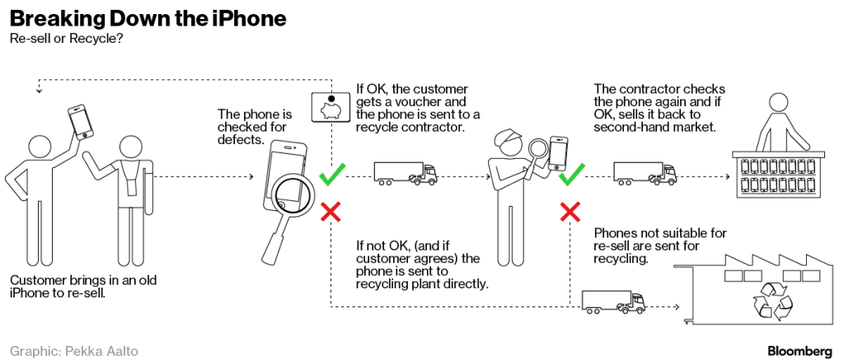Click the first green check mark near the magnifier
click(x=331, y=175)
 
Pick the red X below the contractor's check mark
click(x=570, y=212)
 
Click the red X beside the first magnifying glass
click(x=331, y=213)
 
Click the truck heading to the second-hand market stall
click(x=645, y=172)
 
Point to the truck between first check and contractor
click(x=405, y=172)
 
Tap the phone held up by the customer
click(x=81, y=120)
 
